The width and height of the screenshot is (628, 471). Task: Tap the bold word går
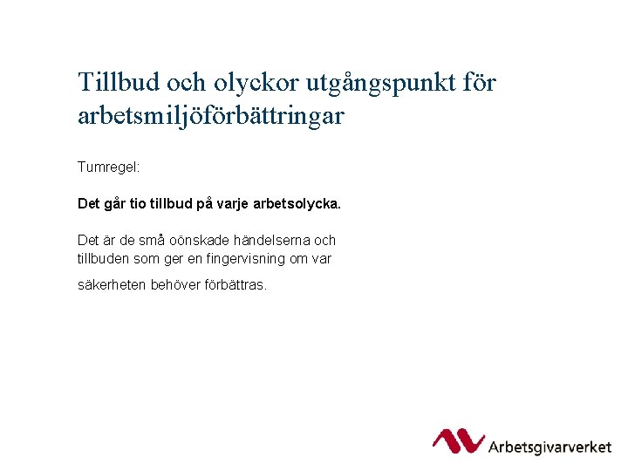pos(115,204)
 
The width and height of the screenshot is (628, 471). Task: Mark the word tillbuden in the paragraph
pos(103,258)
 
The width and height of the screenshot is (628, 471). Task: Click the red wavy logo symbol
pos(458,441)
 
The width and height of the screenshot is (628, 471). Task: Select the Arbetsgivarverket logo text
pos(549,447)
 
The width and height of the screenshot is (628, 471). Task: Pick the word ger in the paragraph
pos(175,259)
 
